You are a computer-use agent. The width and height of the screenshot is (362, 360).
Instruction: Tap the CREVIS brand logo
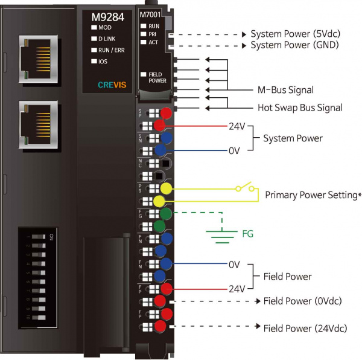[111, 85]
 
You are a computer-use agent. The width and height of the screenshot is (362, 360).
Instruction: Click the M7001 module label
[150, 14]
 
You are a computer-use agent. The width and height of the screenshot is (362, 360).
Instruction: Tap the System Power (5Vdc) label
[295, 34]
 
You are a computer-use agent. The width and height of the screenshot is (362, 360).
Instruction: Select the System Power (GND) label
[295, 45]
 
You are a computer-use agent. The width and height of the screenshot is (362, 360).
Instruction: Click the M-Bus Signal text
[285, 90]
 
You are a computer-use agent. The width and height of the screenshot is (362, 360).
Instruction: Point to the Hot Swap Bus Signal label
[296, 108]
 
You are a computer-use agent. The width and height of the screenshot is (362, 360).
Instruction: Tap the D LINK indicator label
[108, 39]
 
